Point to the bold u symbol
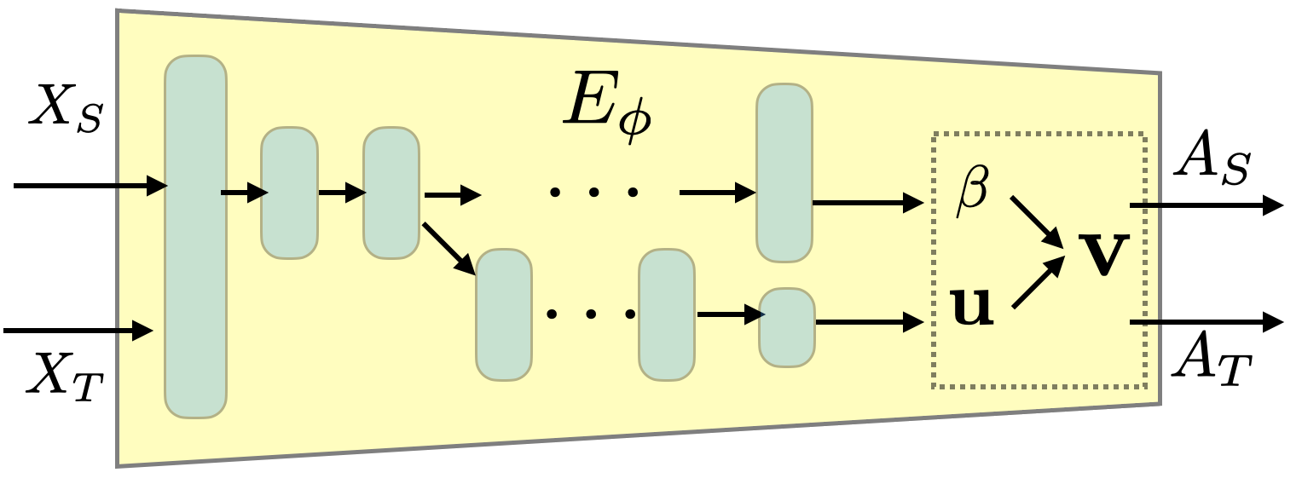tap(972, 307)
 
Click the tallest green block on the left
tap(195, 236)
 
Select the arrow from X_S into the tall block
tap(90, 184)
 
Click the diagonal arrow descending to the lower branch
tap(448, 249)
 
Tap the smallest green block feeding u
tap(787, 327)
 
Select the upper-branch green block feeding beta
tap(784, 172)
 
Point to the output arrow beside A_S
tap(1206, 205)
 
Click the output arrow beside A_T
tap(1206, 322)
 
